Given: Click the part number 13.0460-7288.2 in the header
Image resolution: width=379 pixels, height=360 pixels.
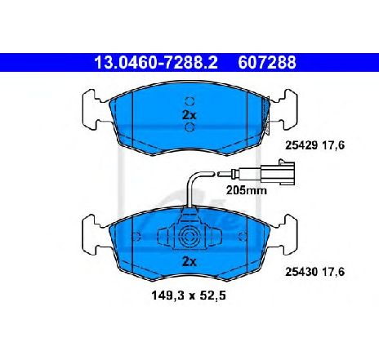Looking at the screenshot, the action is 156,62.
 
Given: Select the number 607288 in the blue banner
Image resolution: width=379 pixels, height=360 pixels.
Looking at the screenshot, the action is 267,62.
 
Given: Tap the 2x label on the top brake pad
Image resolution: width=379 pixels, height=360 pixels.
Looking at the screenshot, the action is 189,115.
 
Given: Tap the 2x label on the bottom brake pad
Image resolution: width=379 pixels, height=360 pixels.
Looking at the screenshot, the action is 189,262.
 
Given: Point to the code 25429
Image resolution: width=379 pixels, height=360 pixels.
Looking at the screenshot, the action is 301,145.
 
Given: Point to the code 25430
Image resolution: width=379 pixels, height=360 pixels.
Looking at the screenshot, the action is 301,272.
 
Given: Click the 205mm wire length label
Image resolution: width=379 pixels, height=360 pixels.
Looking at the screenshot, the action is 247,190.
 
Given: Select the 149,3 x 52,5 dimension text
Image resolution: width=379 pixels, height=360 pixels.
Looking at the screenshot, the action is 189,296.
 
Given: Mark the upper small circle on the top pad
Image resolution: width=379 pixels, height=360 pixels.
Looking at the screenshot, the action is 189,101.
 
